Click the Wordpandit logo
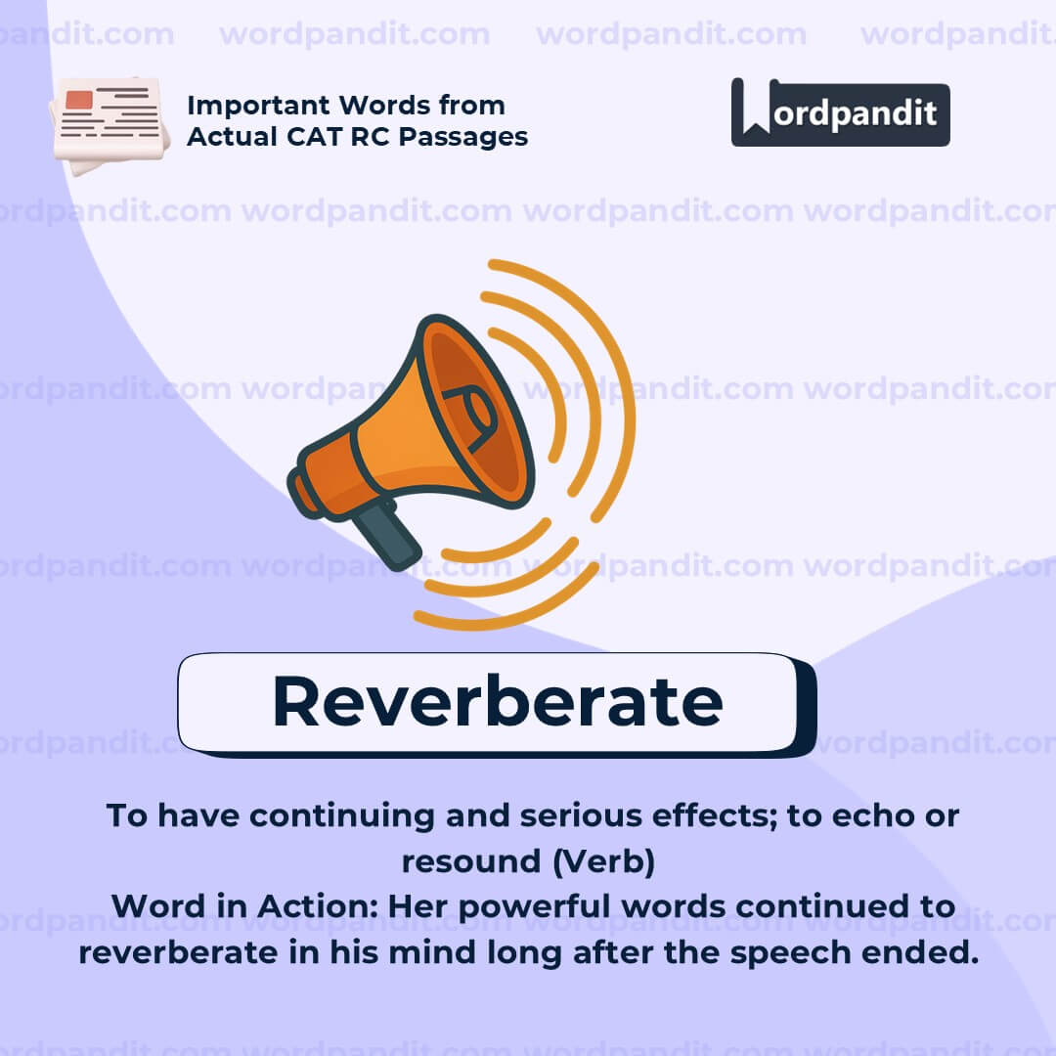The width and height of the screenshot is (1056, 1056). [x=840, y=112]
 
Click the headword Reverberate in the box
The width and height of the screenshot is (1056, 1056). [x=497, y=701]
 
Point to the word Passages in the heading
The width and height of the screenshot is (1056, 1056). [x=466, y=136]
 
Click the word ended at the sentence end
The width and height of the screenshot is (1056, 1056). [x=927, y=951]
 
